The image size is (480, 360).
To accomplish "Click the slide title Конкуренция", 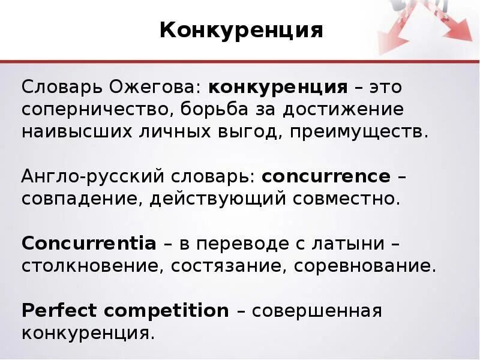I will click(241, 29).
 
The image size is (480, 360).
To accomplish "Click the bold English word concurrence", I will click(326, 177).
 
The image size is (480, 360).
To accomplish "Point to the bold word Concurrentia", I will click(89, 244).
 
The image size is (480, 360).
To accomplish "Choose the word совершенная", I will click(317, 311).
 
